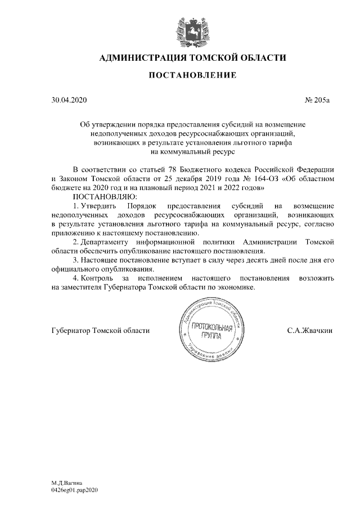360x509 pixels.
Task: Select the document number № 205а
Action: coord(317,101)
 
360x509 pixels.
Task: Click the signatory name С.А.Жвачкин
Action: coord(310,330)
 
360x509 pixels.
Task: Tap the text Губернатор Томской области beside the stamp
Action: coord(100,330)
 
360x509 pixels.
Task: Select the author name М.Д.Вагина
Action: coord(66,483)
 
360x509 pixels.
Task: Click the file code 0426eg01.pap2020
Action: coord(74,490)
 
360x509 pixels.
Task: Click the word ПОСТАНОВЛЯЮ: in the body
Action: coord(105,196)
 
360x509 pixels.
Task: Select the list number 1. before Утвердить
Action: coord(77,205)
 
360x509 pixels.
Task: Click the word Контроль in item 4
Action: coord(98,278)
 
